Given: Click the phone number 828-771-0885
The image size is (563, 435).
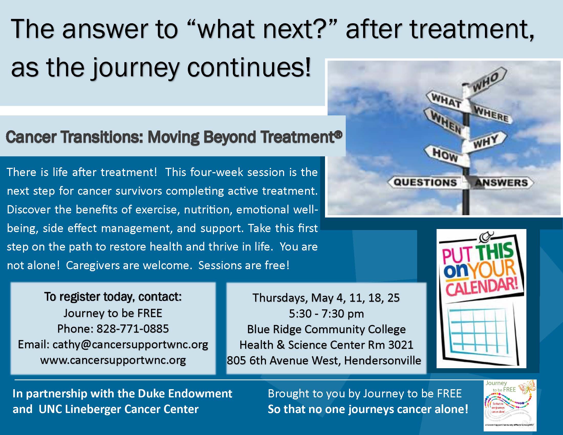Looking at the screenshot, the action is click(133, 329).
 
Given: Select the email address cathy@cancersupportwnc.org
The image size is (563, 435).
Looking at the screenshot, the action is click(130, 345).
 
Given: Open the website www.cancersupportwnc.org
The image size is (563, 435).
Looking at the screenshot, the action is click(113, 360).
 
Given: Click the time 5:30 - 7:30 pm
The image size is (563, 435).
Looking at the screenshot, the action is click(326, 314).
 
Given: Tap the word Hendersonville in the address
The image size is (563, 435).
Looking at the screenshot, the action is click(383, 361).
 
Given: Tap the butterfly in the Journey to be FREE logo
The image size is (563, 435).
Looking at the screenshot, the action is click(527, 387).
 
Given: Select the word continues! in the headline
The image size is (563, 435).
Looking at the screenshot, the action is click(249, 68).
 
